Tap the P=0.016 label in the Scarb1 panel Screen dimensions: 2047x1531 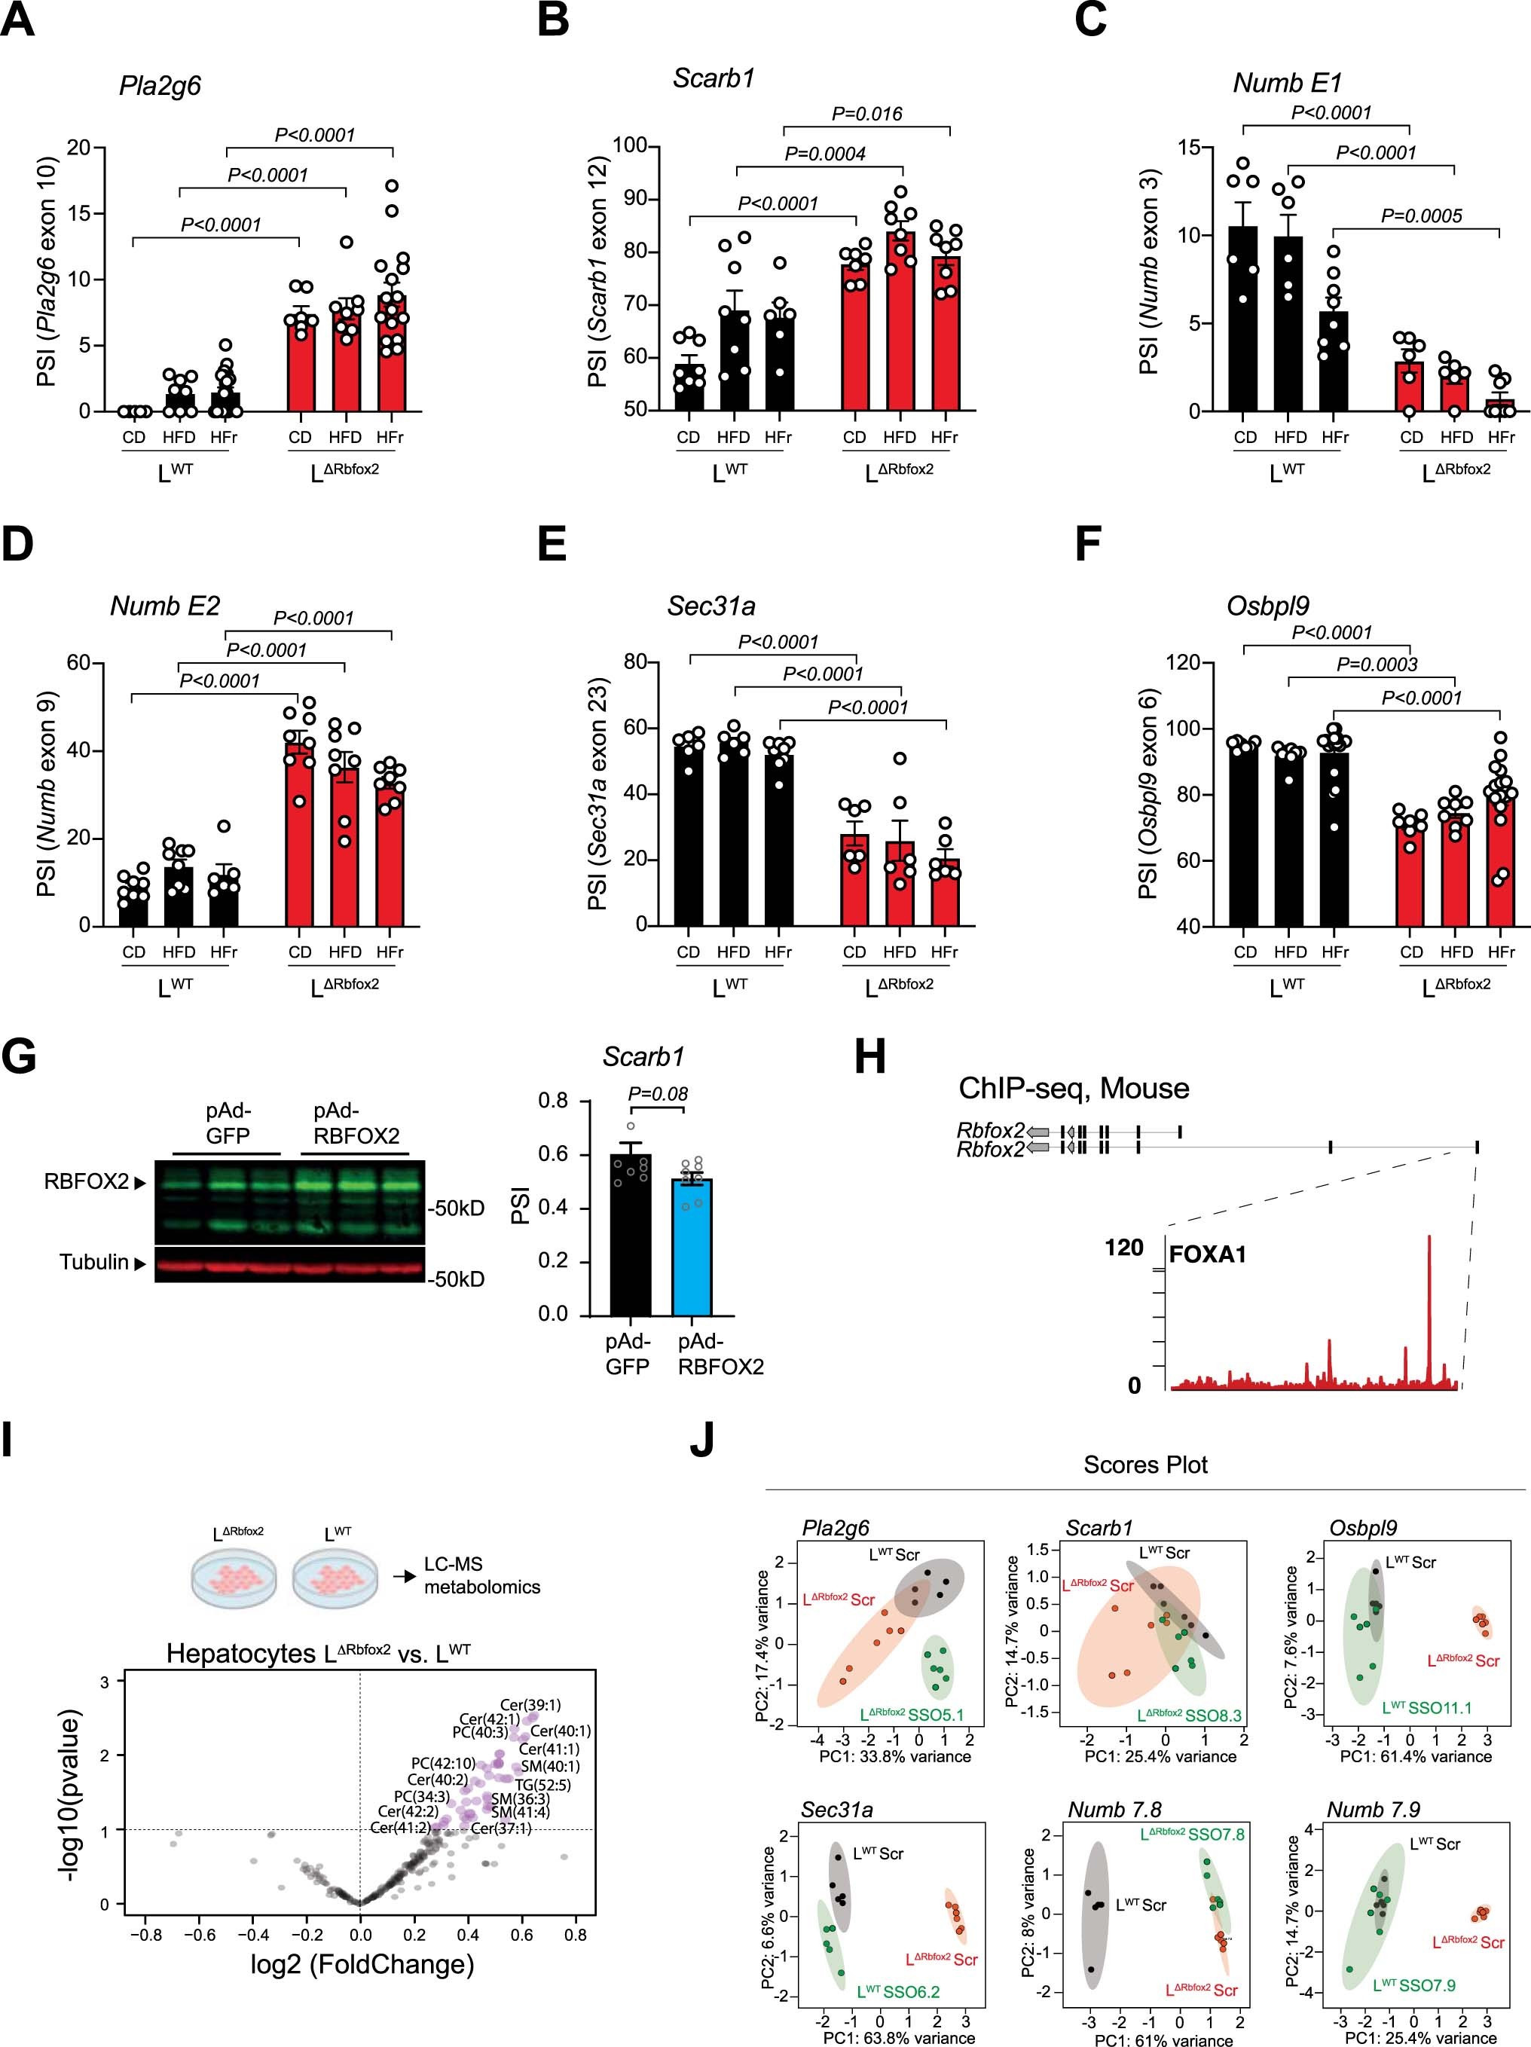point(866,114)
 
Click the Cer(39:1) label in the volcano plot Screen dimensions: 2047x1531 point(530,1705)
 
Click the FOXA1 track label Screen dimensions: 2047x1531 point(1208,1255)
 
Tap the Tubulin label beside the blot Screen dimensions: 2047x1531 point(93,1262)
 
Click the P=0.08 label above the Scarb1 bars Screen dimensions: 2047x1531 point(658,1094)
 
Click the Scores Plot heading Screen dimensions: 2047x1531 point(1145,1465)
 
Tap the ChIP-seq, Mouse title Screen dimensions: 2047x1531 point(1074,1087)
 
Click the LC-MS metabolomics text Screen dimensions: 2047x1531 point(481,1575)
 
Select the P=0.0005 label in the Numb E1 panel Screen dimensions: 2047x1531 point(1421,215)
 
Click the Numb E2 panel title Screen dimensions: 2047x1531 point(165,606)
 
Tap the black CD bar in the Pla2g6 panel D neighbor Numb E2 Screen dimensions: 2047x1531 point(133,907)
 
